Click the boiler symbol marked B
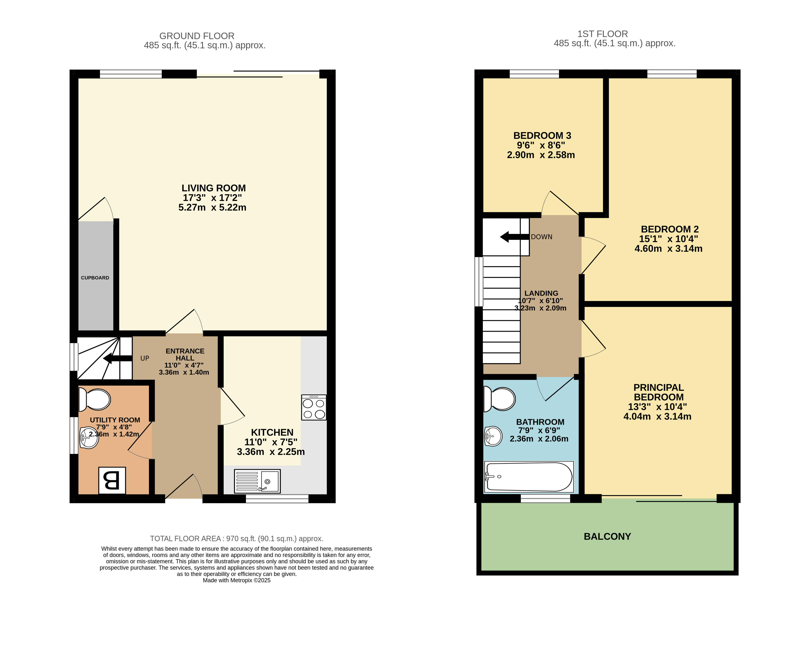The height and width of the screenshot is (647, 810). coord(112,480)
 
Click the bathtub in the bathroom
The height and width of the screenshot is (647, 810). coord(529,477)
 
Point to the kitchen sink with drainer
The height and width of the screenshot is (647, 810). coord(257,481)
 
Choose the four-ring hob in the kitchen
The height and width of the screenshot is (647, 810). coord(314,407)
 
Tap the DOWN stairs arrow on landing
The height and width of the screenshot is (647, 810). coord(515,237)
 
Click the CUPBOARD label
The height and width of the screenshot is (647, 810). coord(95,278)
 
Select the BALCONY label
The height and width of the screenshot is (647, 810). coord(607,537)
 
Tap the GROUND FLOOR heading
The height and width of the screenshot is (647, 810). coord(197,36)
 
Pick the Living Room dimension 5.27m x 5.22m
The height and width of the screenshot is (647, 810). coord(212,208)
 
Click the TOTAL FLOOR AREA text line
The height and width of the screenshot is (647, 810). coord(237,538)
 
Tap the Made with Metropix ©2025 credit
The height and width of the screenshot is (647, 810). coord(237,580)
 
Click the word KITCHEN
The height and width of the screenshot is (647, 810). coord(272,432)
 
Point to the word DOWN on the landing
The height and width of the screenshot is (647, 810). coord(541,237)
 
